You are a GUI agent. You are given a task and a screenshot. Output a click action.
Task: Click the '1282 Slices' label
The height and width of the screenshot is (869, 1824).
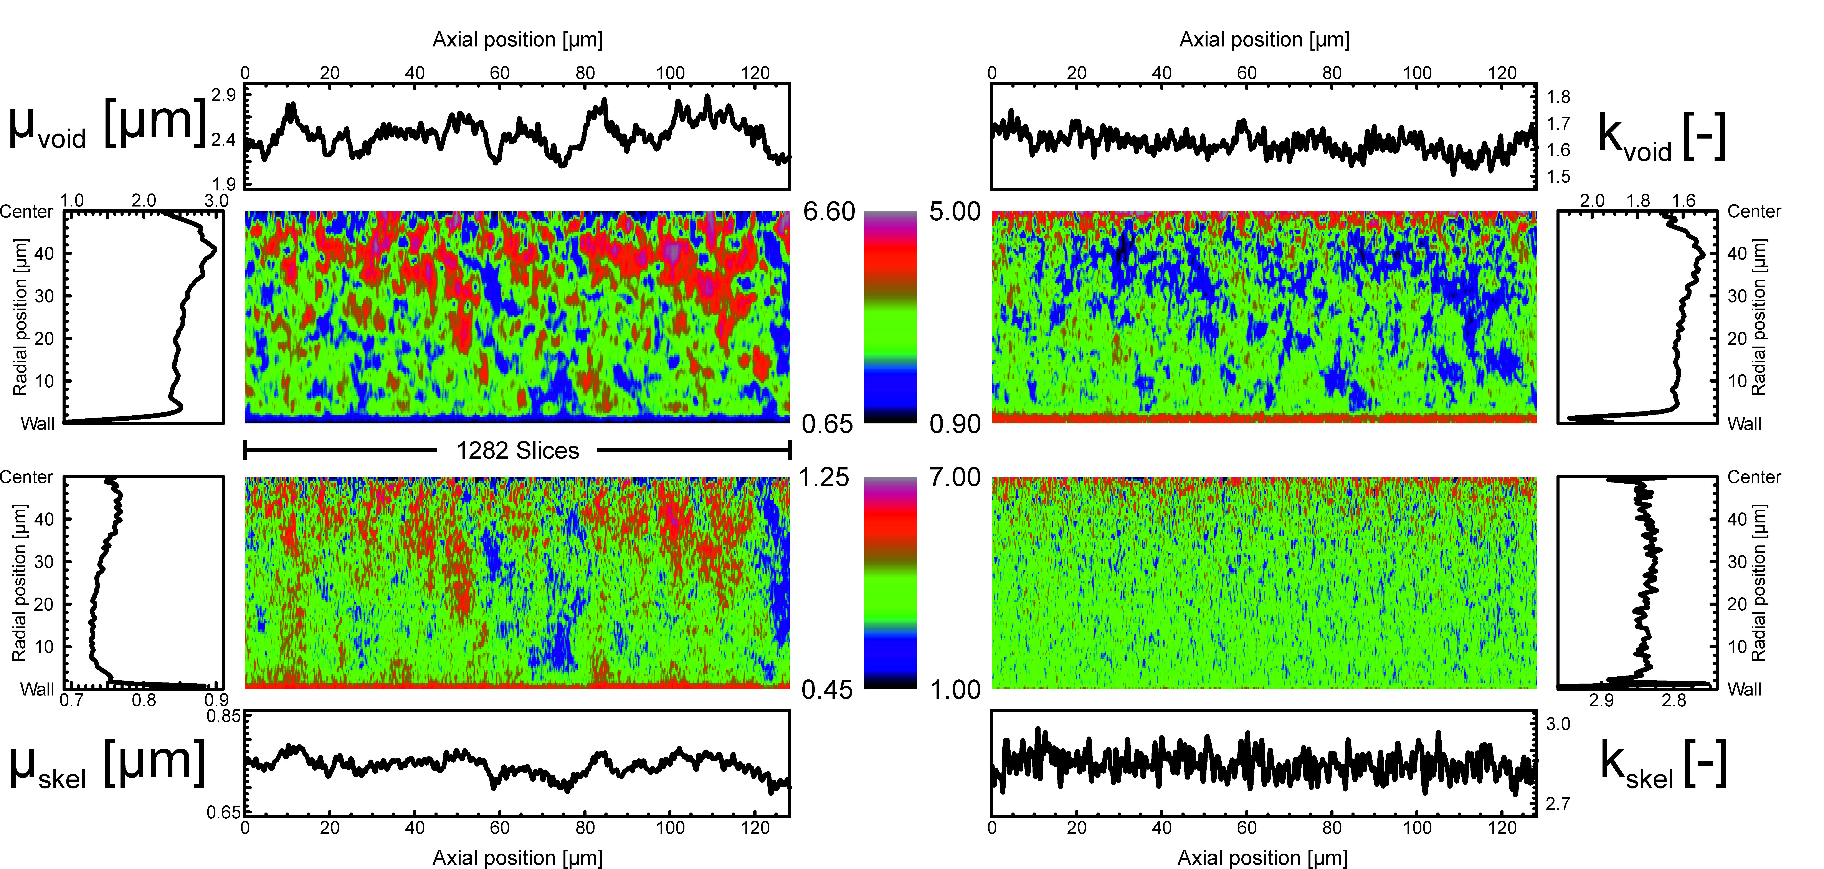518,450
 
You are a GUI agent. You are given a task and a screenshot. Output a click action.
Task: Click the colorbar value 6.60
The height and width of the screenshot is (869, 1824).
829,212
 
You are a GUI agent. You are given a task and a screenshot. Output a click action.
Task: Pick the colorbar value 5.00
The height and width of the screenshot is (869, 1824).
955,212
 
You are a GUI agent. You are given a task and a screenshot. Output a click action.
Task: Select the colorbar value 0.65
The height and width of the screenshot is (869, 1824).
827,424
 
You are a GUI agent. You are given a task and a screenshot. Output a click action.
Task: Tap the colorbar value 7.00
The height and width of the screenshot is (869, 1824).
955,477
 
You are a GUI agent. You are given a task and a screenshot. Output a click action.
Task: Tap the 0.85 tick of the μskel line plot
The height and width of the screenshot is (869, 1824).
224,716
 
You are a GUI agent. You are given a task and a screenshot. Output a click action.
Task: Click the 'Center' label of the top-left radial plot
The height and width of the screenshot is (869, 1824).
27,212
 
